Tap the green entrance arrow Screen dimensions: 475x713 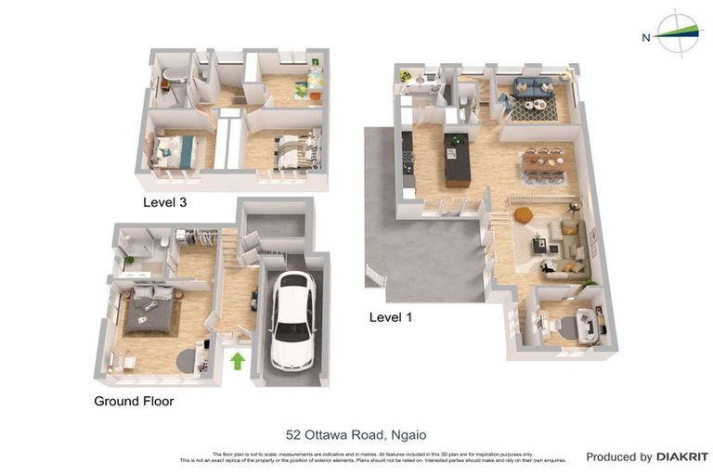coord(237,360)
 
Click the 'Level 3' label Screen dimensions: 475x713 coord(164,201)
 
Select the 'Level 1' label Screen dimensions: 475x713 coord(391,316)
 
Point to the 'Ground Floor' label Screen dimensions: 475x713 coord(134,402)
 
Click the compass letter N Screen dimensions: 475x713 coord(645,38)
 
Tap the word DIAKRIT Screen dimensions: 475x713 coord(682,456)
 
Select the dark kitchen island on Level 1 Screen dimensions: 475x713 coord(457,160)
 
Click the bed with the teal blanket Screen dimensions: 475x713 coord(175,151)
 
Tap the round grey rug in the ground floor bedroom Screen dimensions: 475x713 coord(184,359)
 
